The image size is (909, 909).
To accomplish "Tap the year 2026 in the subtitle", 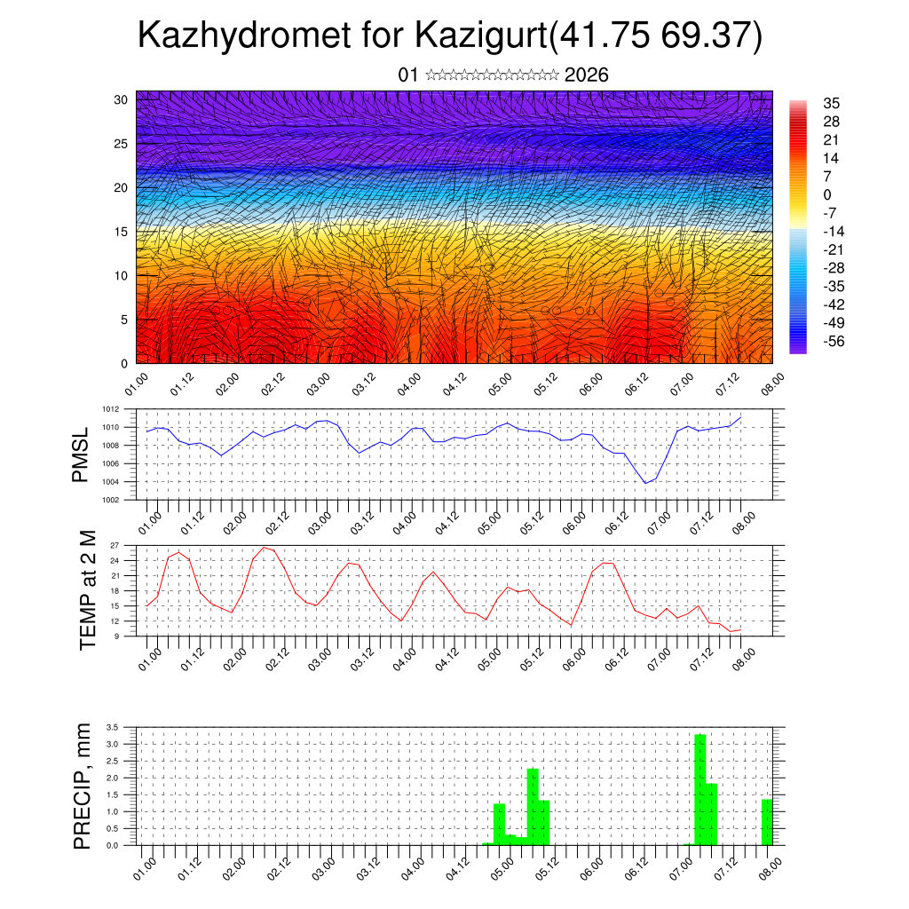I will coord(586,75).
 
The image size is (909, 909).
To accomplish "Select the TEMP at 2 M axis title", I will coord(87,589).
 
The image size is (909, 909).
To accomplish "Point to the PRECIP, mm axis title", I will coord(83,786).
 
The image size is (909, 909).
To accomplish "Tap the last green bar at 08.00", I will coord(767,822).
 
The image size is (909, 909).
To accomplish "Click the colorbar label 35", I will coord(832,104).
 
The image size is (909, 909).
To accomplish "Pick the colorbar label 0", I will coord(827,195).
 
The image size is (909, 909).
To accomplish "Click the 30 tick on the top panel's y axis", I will coord(122,99).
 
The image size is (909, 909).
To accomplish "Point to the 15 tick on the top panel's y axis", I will coord(122,232).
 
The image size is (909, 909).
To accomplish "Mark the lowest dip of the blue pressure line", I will coord(645,483).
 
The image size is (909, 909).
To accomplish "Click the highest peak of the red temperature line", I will coord(264,547).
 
